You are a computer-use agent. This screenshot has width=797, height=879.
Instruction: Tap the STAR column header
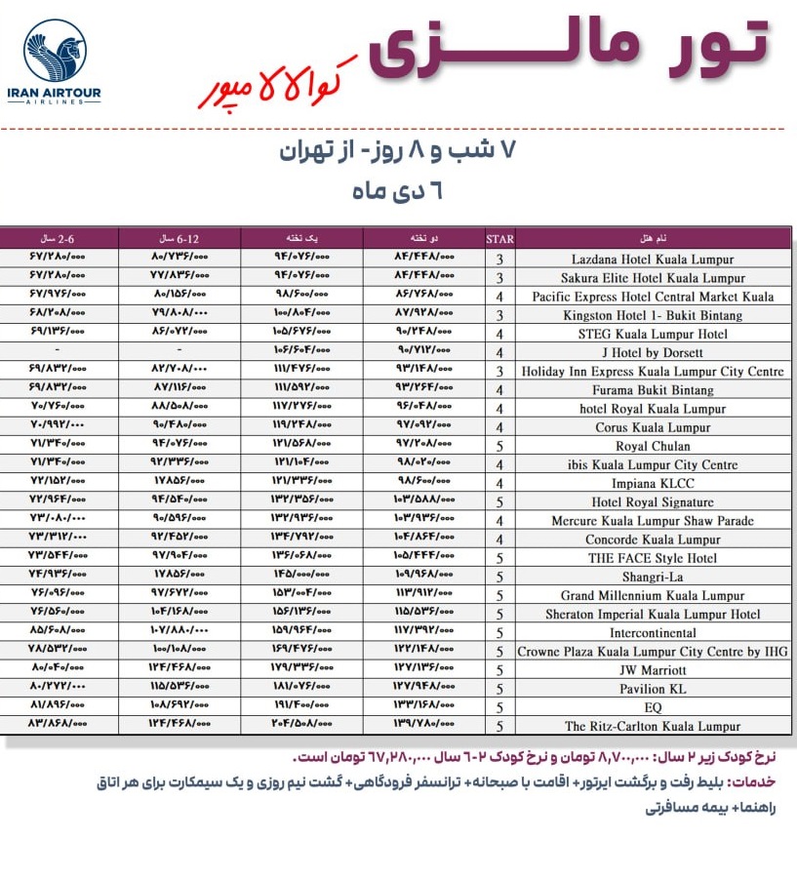click(x=499, y=238)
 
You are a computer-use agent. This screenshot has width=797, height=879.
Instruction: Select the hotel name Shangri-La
click(x=653, y=577)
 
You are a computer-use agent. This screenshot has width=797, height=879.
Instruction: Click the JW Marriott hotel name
click(x=653, y=670)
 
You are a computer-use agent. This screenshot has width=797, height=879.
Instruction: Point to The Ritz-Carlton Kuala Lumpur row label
click(x=653, y=726)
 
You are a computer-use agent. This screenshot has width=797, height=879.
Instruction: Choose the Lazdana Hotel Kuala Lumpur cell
click(x=653, y=260)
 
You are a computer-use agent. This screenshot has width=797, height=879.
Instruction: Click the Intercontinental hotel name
click(x=653, y=633)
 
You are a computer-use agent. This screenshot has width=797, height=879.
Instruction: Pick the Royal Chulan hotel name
click(x=653, y=446)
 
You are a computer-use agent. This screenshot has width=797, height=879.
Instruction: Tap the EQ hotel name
click(x=653, y=707)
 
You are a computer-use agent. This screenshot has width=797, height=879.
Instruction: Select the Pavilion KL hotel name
click(x=653, y=689)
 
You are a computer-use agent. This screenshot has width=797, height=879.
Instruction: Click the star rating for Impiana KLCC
click(x=499, y=484)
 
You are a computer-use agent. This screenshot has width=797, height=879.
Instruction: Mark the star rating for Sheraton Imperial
click(x=499, y=615)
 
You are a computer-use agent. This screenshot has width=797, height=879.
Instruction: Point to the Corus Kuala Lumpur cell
click(x=653, y=427)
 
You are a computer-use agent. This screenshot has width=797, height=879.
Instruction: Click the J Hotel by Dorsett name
click(x=653, y=353)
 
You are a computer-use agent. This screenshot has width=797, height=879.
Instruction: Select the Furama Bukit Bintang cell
click(x=653, y=390)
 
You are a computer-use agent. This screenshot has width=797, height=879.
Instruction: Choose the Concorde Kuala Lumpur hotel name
click(x=653, y=539)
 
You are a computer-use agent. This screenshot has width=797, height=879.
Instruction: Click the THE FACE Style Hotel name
click(x=653, y=558)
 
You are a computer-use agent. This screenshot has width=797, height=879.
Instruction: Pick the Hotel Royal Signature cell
click(x=653, y=502)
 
